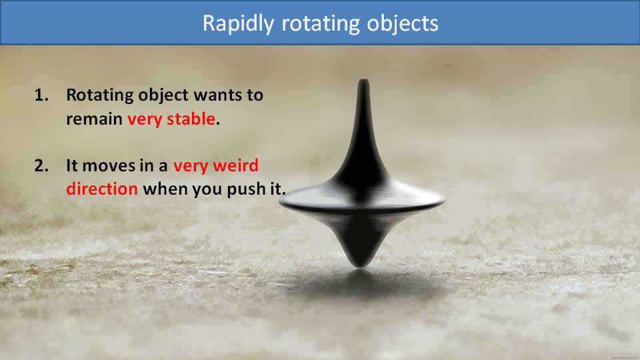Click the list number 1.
coord(41,95)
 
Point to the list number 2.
coord(41,165)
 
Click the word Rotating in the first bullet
coord(99,95)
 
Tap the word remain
coord(94,119)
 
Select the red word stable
coord(193,119)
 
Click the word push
coord(246,189)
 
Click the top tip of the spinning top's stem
coord(363,83)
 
